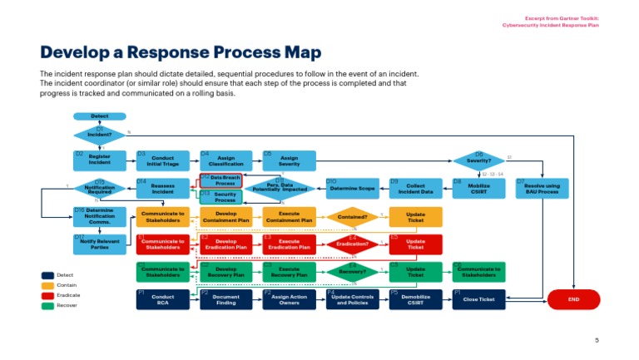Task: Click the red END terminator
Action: [x=573, y=299]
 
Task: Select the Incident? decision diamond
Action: [x=99, y=134]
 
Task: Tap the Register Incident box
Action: [x=99, y=160]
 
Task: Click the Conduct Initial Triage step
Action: [x=162, y=160]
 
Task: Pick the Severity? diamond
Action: [x=478, y=160]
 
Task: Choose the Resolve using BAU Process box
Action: [x=542, y=188]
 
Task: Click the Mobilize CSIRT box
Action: [x=478, y=188]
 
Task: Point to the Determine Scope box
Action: [x=352, y=188]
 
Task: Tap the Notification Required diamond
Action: [x=99, y=189]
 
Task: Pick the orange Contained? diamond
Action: [x=352, y=217]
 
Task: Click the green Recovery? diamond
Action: [x=352, y=272]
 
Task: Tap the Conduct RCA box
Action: [x=162, y=299]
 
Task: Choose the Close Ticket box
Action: [x=478, y=299]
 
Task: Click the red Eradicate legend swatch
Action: [x=47, y=295]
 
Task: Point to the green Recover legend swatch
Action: [x=47, y=306]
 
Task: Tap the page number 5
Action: [x=596, y=340]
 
